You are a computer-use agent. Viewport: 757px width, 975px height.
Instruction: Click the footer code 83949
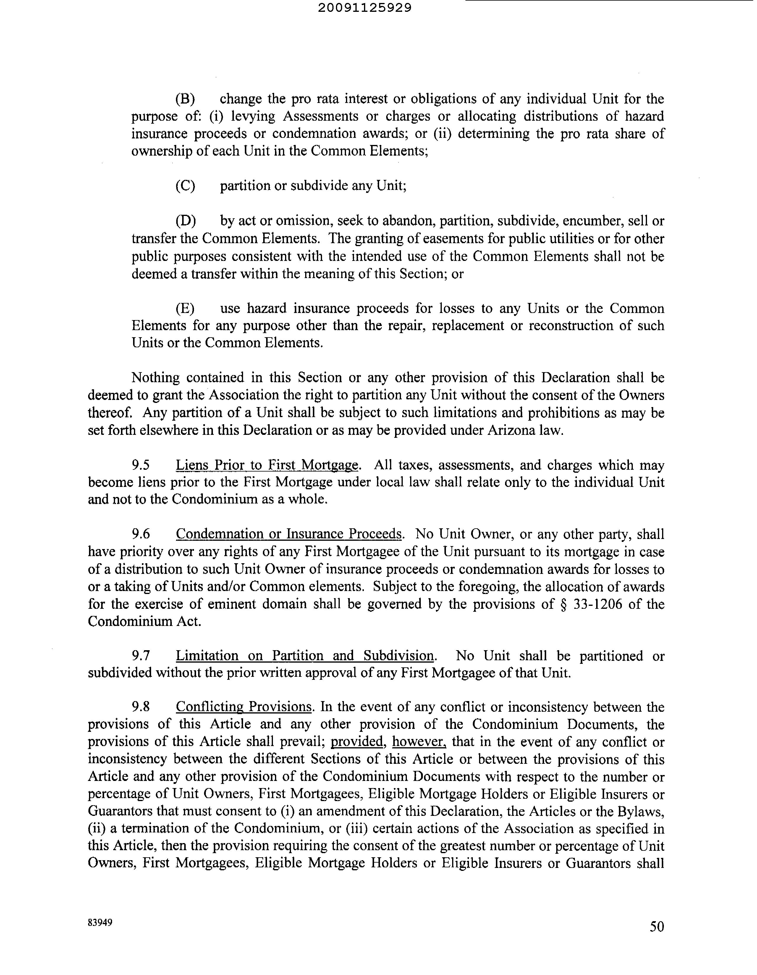[x=100, y=922]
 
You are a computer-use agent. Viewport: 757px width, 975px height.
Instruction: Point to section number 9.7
[x=140, y=656]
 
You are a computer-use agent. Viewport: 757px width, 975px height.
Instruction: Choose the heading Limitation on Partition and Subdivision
[x=305, y=656]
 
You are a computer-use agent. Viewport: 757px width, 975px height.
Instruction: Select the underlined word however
[x=419, y=742]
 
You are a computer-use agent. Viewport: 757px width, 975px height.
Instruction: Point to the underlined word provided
[x=358, y=742]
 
